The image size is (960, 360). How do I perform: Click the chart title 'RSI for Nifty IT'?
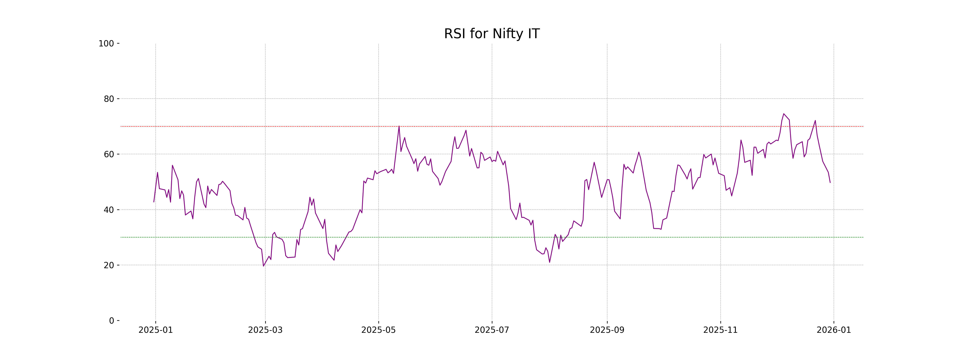point(492,34)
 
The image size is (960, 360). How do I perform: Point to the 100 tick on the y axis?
point(106,44)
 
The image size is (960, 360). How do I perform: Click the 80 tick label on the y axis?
point(109,99)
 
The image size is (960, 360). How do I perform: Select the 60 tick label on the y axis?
point(109,154)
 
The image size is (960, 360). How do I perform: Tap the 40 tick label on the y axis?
point(109,210)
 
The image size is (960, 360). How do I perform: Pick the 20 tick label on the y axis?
point(109,265)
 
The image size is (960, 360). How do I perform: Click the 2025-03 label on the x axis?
point(265,330)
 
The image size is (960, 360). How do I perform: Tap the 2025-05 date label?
point(379,330)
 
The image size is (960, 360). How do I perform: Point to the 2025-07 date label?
point(492,330)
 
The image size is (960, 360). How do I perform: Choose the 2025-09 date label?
point(607,330)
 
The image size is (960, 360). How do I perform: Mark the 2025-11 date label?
point(720,330)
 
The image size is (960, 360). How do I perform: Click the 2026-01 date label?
point(834,330)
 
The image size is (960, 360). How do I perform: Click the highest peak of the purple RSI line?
point(784,114)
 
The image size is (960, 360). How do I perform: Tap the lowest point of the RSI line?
point(263,266)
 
